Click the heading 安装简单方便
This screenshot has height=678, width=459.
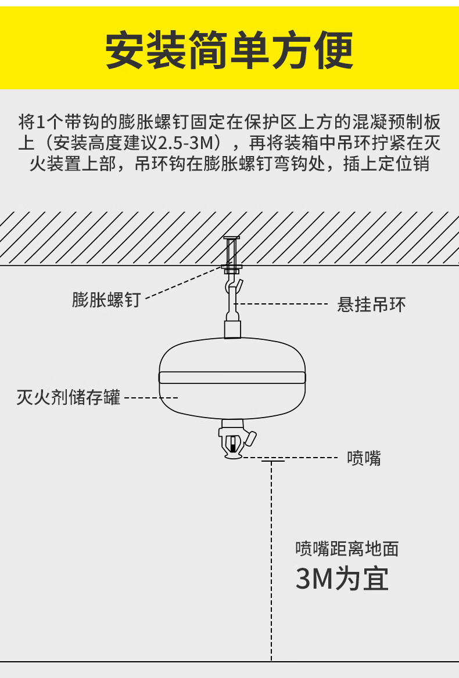point(229,50)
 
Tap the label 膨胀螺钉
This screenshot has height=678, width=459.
point(106,300)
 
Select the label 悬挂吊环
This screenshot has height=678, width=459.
point(371,304)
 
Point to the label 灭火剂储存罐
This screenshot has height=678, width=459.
point(69,398)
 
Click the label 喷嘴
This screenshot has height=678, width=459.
point(364,458)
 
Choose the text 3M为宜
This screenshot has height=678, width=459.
point(342,578)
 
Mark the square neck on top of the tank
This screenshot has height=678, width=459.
point(232,329)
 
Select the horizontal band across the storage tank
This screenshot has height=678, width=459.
point(232,377)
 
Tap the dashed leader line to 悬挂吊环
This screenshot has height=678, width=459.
point(285,304)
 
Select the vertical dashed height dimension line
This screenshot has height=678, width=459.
point(272,557)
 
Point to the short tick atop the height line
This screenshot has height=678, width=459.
point(272,462)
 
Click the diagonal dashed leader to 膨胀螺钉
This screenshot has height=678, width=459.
point(183,284)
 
